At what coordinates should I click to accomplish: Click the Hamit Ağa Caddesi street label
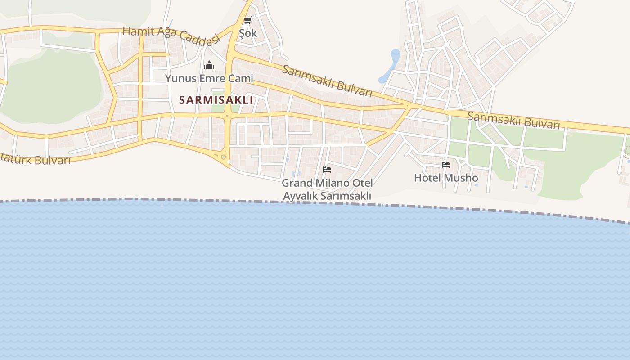point(171,36)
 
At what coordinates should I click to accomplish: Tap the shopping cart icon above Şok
point(247,20)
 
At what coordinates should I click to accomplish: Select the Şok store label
point(248,33)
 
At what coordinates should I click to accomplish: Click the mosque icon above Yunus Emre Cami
point(209,66)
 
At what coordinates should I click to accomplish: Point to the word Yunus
point(180,78)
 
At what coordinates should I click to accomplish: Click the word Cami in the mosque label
point(240,78)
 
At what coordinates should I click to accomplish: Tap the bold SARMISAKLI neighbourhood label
point(216,100)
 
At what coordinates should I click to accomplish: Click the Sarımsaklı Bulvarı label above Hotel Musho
point(513,120)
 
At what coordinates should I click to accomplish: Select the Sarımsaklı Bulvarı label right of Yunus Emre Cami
point(327,81)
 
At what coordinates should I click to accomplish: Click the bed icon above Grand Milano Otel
point(327,170)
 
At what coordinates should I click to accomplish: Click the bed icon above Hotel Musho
point(446,165)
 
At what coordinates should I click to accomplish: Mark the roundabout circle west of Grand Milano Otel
point(223,157)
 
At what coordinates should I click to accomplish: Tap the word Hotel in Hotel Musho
point(427,178)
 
